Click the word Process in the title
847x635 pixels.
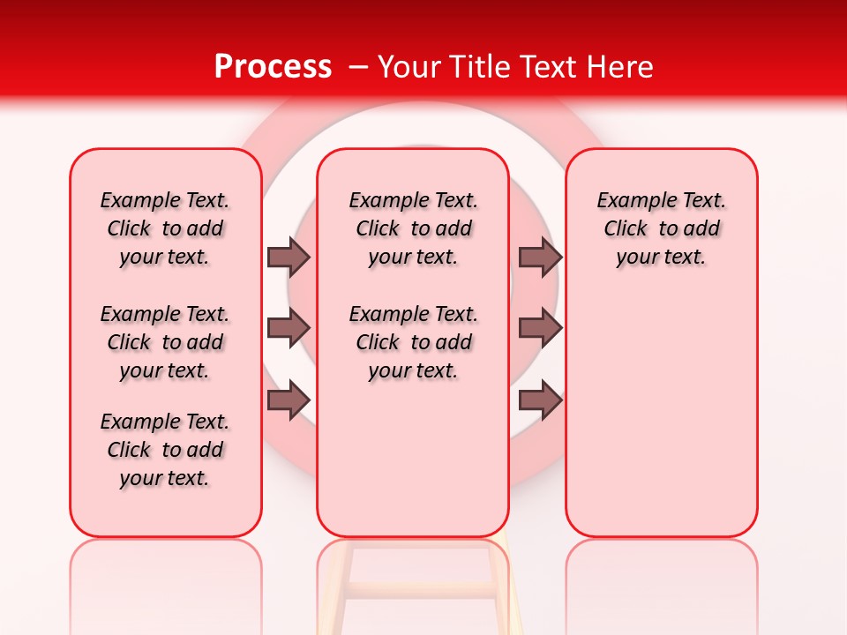pos(272,67)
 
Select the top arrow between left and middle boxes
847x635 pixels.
pos(288,257)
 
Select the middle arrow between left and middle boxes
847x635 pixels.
pos(288,328)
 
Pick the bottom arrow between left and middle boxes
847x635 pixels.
pos(288,400)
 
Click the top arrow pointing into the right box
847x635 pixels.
pos(540,257)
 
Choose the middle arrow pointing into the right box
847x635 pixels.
pos(540,328)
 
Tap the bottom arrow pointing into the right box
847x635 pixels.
pos(540,400)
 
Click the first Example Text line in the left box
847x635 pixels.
pos(165,200)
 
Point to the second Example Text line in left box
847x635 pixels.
pos(165,314)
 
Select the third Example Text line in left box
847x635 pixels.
pos(165,422)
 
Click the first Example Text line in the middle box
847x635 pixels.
pos(414,200)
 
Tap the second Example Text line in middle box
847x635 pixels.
pos(414,314)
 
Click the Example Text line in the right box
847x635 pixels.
pos(662,200)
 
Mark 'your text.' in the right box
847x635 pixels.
pos(662,258)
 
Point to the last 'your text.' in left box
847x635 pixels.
pos(165,478)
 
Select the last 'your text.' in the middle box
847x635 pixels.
pos(414,371)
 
